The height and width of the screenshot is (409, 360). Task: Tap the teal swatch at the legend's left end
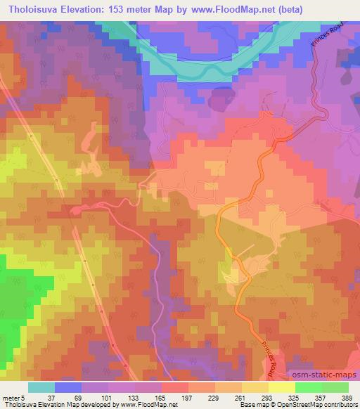tap(41, 387)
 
